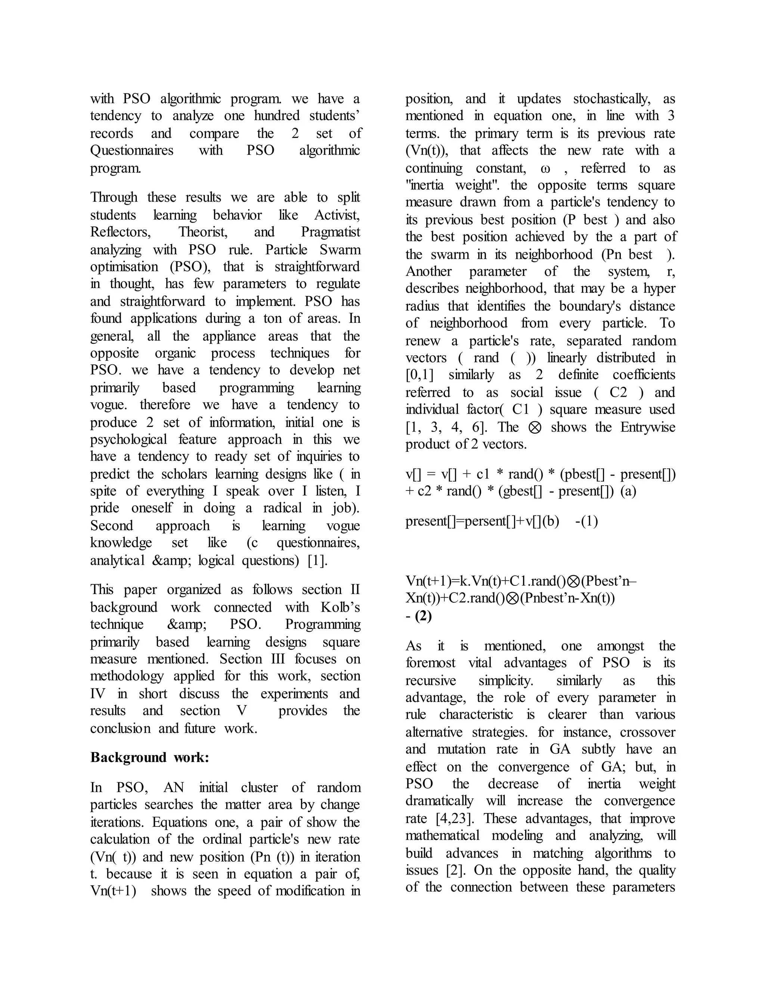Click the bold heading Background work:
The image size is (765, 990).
pos(149,758)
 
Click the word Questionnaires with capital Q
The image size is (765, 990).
pos(131,150)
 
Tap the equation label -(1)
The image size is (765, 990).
pos(586,521)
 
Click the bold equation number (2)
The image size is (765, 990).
pos(423,616)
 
